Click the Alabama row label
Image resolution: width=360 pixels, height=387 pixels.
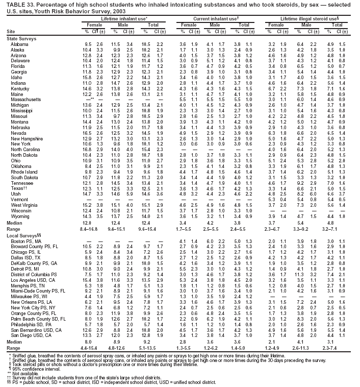tap(19, 45)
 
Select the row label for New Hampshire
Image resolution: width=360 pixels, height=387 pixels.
tap(24, 153)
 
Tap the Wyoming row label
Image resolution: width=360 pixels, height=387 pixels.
tap(19, 231)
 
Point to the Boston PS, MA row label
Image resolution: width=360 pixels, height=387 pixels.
tap(24, 255)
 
